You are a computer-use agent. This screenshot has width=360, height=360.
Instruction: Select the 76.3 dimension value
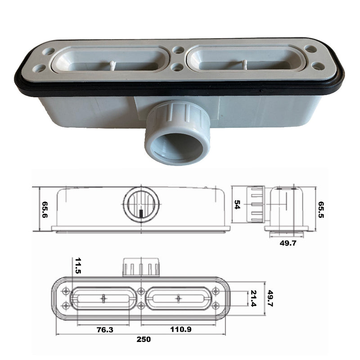coord(104,329)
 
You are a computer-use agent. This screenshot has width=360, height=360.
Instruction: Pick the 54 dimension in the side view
coord(237,205)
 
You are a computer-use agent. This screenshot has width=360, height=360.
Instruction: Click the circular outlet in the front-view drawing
coord(142,205)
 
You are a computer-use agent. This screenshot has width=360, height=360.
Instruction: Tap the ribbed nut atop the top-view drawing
coord(142,267)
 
